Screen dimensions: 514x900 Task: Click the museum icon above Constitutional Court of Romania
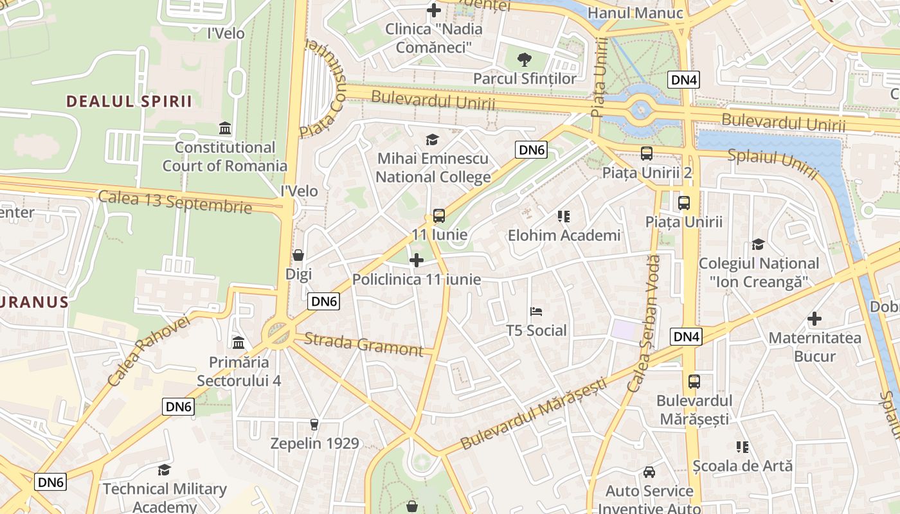225,127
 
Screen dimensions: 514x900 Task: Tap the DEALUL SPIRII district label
130,101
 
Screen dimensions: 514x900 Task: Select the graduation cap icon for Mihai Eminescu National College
433,139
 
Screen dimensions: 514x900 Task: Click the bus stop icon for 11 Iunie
439,216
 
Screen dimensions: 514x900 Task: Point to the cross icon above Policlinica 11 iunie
417,260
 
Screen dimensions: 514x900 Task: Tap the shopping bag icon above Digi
298,255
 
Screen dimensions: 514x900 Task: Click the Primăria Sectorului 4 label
239,371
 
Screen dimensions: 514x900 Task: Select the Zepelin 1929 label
314,443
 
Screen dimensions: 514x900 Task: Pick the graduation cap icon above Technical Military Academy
165,470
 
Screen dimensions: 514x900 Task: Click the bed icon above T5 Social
536,312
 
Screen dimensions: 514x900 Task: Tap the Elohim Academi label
564,235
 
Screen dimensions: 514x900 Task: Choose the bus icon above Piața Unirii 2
646,154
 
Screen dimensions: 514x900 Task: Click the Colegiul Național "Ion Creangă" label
759,272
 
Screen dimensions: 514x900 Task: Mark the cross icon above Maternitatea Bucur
815,319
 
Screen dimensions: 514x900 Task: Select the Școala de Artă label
742,465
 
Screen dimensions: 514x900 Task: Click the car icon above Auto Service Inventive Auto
649,472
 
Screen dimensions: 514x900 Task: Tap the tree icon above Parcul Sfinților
525,60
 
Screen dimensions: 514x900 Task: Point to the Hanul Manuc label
635,13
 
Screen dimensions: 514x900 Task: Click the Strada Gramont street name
363,344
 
